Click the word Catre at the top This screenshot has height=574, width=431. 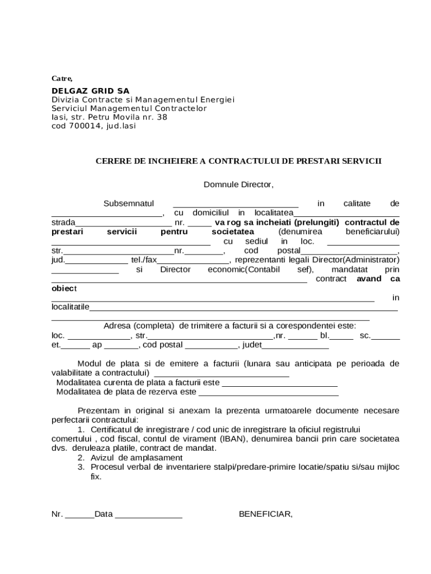coord(62,78)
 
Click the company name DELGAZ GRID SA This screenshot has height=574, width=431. coord(90,91)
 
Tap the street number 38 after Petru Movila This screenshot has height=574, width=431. coord(162,118)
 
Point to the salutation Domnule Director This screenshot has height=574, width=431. coord(238,184)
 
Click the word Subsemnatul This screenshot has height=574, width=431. coord(128,203)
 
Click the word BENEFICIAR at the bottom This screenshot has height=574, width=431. coord(265,514)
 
